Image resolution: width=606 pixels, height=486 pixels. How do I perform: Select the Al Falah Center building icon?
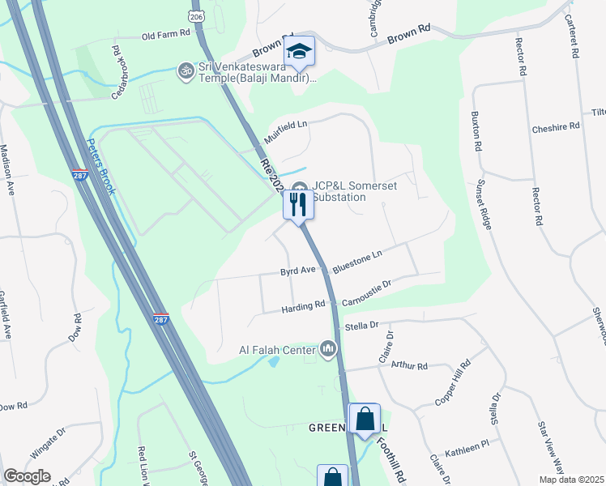pos(329,349)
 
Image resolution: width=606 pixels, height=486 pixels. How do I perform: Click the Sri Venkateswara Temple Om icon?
pos(186,70)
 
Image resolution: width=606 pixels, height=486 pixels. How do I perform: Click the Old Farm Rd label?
pos(164,36)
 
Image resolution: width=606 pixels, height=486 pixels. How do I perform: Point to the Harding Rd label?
pos(303,306)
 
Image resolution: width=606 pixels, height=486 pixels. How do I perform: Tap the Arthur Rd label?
pos(408,366)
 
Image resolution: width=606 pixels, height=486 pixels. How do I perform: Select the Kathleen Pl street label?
pos(472,445)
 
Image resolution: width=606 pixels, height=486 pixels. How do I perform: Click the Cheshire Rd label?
pos(556,127)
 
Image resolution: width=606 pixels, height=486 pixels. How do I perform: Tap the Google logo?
pos(28,475)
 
